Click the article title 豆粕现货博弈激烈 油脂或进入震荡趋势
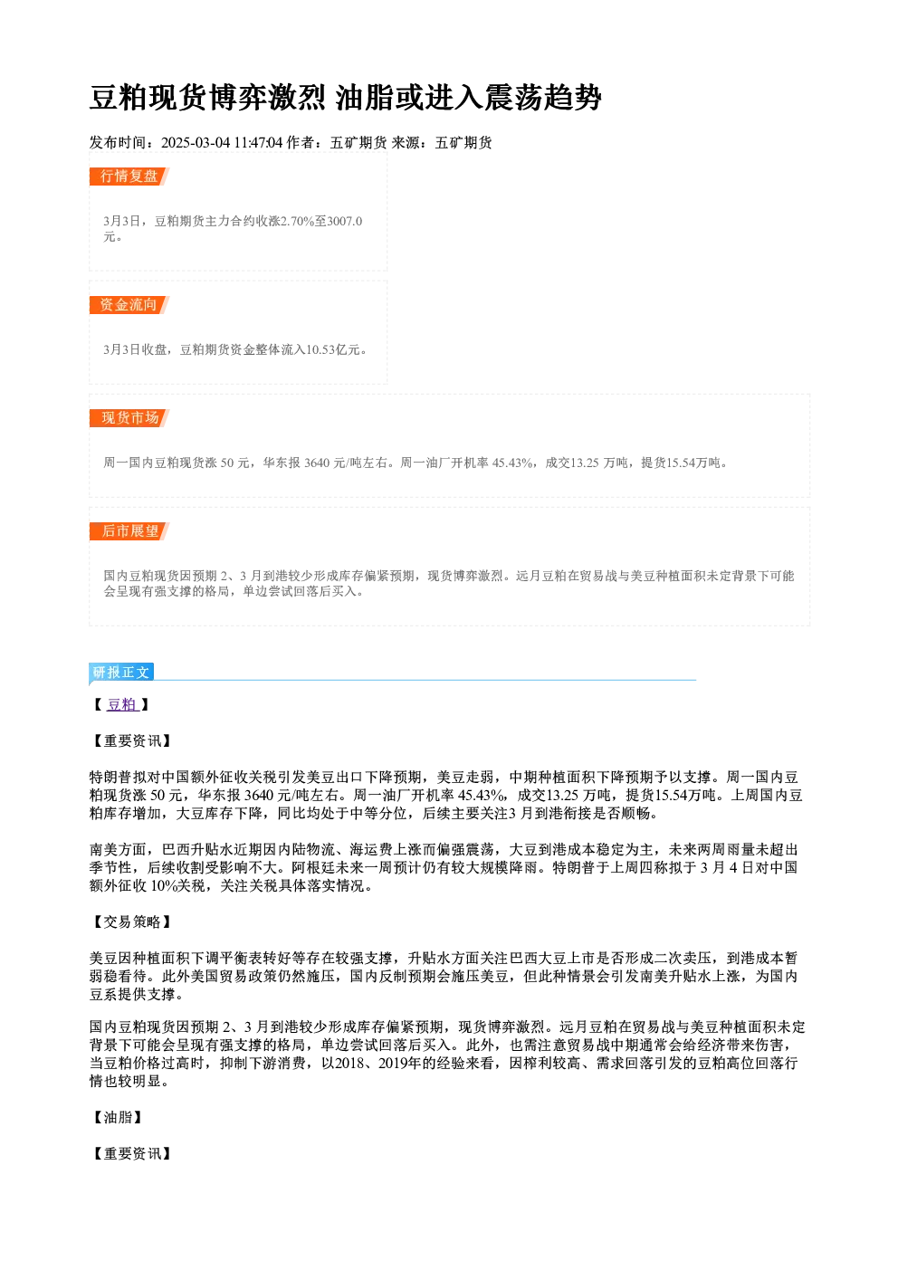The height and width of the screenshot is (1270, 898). tap(345, 98)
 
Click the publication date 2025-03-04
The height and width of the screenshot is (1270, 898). tap(196, 143)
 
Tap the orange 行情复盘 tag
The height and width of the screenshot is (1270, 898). tap(129, 177)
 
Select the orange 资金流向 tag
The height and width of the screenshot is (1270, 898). tap(129, 305)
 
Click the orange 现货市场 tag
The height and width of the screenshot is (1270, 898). tap(129, 418)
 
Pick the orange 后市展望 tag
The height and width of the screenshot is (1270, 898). tap(129, 531)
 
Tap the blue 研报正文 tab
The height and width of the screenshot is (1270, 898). tap(121, 673)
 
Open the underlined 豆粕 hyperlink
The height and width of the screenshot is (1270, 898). tap(122, 705)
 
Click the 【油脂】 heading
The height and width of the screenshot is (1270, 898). tap(118, 1118)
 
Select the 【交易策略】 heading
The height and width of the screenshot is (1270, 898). tap(132, 922)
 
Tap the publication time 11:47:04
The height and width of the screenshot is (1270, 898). tap(258, 143)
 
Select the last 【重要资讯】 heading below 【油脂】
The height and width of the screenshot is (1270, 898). tap(132, 1154)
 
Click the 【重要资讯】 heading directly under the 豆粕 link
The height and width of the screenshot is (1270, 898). tap(132, 741)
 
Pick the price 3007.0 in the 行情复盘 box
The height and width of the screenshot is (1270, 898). tap(345, 221)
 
